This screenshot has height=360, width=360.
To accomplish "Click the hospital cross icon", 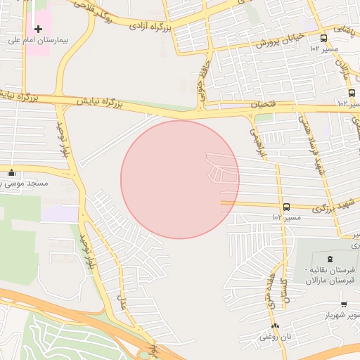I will point(38,29).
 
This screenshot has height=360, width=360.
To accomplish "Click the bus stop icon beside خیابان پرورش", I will point(323,39).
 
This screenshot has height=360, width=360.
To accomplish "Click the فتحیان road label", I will point(266,105).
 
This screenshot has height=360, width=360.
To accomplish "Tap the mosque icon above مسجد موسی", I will point(11,172).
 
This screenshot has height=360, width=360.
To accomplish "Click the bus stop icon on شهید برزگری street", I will point(286,207).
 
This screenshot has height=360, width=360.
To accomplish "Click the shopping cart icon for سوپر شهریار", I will point(343,304).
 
